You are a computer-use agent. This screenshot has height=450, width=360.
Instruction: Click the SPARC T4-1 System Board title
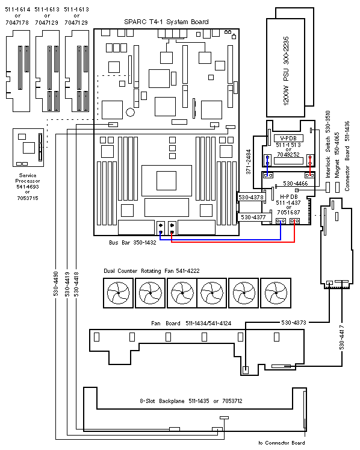pos(166,22)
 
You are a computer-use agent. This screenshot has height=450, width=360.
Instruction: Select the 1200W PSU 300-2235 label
pos(286,71)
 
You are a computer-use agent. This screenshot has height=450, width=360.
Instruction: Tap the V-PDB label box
pos(288,139)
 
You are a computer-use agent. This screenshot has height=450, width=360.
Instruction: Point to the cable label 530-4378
pos(251,197)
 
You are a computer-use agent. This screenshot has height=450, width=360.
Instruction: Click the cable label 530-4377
pos(253,217)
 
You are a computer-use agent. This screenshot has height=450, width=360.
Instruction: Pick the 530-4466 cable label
pos(296,183)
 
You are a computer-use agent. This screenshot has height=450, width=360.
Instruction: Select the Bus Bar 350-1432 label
pos(132,243)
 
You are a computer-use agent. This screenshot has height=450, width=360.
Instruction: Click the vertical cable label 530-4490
pos(55,284)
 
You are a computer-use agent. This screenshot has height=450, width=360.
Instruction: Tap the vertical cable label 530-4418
pos(76,284)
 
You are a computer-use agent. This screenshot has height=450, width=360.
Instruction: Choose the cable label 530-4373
pos(294,322)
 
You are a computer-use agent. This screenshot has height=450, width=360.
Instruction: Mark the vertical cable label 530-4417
pos(342,337)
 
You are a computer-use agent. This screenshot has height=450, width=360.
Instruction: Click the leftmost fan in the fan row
pos(118,293)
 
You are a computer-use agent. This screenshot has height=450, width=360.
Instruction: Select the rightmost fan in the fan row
pos(276,293)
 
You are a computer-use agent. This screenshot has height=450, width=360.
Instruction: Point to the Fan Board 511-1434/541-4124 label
pos(191,323)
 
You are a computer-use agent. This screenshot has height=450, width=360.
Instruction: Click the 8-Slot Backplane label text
pos(191,401)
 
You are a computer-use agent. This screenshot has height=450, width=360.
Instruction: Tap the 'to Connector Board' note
pos(282,443)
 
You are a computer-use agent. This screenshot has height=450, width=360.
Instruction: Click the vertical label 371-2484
pos(249,161)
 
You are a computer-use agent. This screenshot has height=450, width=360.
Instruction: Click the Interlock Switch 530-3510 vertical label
pos(328,145)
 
